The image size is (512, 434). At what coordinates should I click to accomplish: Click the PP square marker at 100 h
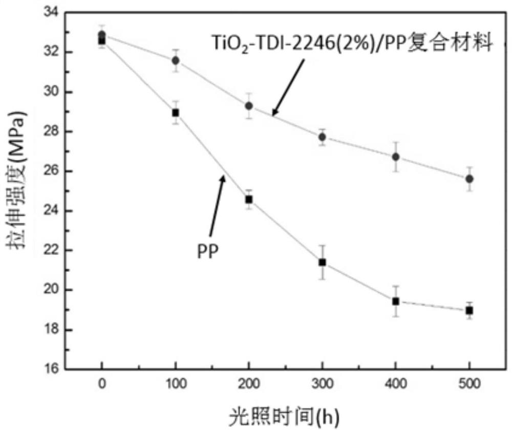point(176,113)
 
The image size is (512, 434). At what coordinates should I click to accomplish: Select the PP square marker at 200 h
point(249,200)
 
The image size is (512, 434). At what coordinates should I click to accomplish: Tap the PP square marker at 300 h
point(323,262)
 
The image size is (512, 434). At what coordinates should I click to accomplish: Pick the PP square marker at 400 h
point(396,301)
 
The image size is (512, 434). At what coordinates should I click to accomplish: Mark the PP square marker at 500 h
point(469,310)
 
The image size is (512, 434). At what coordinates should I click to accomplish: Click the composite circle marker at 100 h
point(176,60)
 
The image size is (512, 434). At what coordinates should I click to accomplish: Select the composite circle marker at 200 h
point(249,106)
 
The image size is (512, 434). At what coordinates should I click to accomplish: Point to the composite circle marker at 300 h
point(323,137)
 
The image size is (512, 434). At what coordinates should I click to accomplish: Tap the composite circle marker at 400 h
point(396,157)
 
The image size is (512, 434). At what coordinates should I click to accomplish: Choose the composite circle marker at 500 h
point(469,179)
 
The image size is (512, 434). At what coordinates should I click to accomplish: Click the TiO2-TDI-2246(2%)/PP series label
point(352,43)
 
